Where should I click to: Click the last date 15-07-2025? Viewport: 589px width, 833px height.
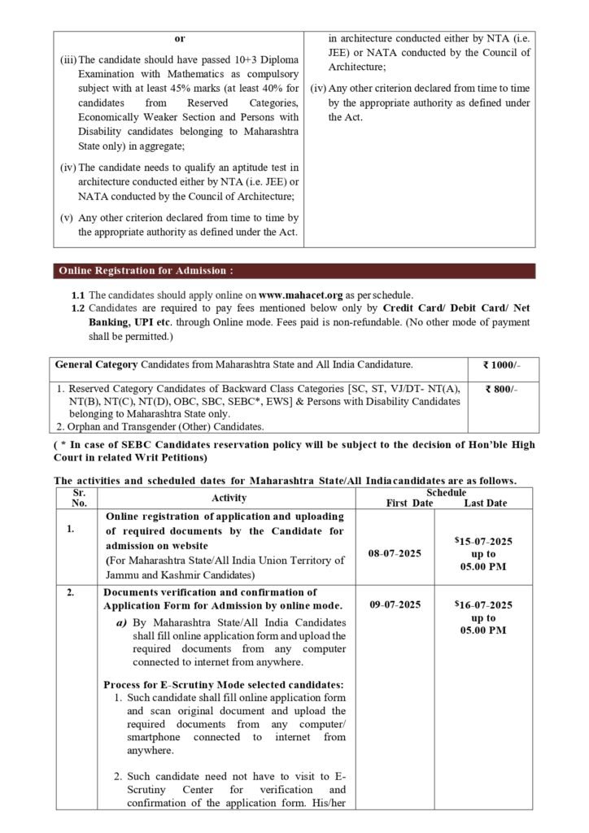tap(486, 540)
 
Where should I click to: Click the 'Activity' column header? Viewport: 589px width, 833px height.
tap(229, 498)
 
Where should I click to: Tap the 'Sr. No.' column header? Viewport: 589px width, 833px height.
tap(79, 498)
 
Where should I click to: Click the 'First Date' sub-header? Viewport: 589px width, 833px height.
tap(409, 504)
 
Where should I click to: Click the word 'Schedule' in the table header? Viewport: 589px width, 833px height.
tap(446, 492)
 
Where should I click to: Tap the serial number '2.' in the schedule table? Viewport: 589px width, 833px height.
tap(72, 592)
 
